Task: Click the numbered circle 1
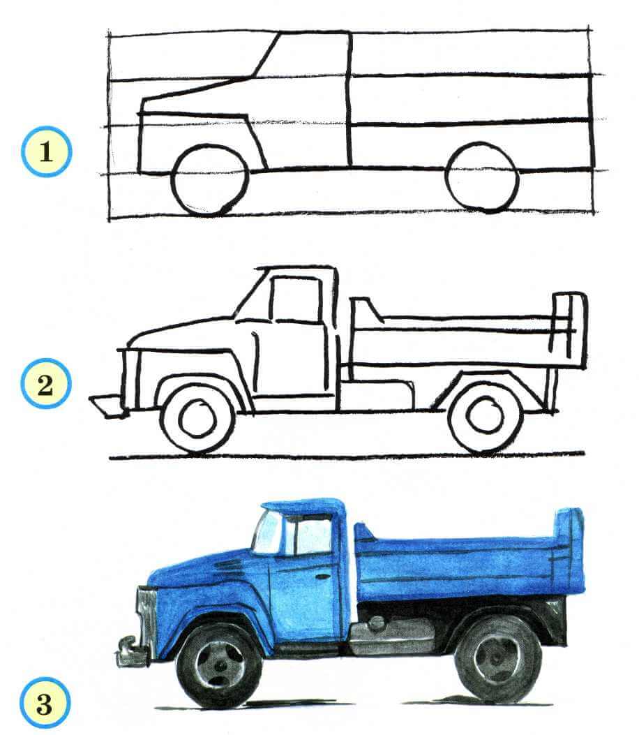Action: [46, 151]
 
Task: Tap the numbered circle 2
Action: [45, 385]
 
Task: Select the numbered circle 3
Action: [45, 702]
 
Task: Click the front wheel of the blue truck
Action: [220, 666]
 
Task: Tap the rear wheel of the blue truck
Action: [497, 659]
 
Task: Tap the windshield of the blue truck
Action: [268, 532]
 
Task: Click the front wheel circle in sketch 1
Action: [209, 179]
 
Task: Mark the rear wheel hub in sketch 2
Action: [485, 415]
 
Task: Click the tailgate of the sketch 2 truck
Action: [569, 331]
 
